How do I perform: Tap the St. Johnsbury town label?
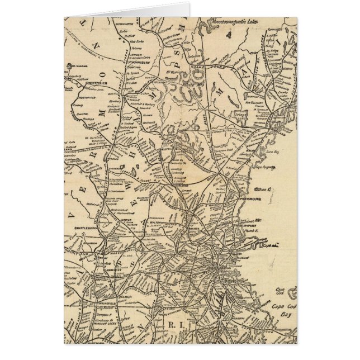point(132,70)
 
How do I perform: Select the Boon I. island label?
point(265,191)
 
